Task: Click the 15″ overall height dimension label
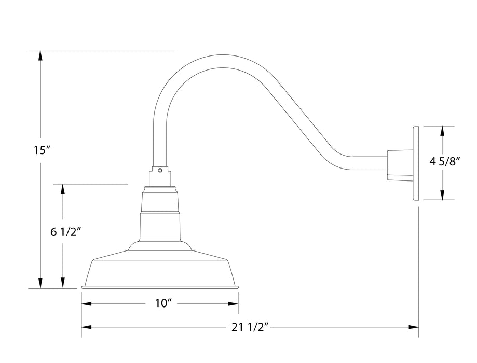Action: pyautogui.click(x=40, y=150)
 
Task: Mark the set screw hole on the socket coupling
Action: pyautogui.click(x=160, y=169)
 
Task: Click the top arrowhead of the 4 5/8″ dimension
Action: pyautogui.click(x=442, y=131)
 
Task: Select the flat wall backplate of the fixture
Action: pyautogui.click(x=416, y=163)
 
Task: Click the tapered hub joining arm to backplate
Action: pyautogui.click(x=398, y=165)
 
